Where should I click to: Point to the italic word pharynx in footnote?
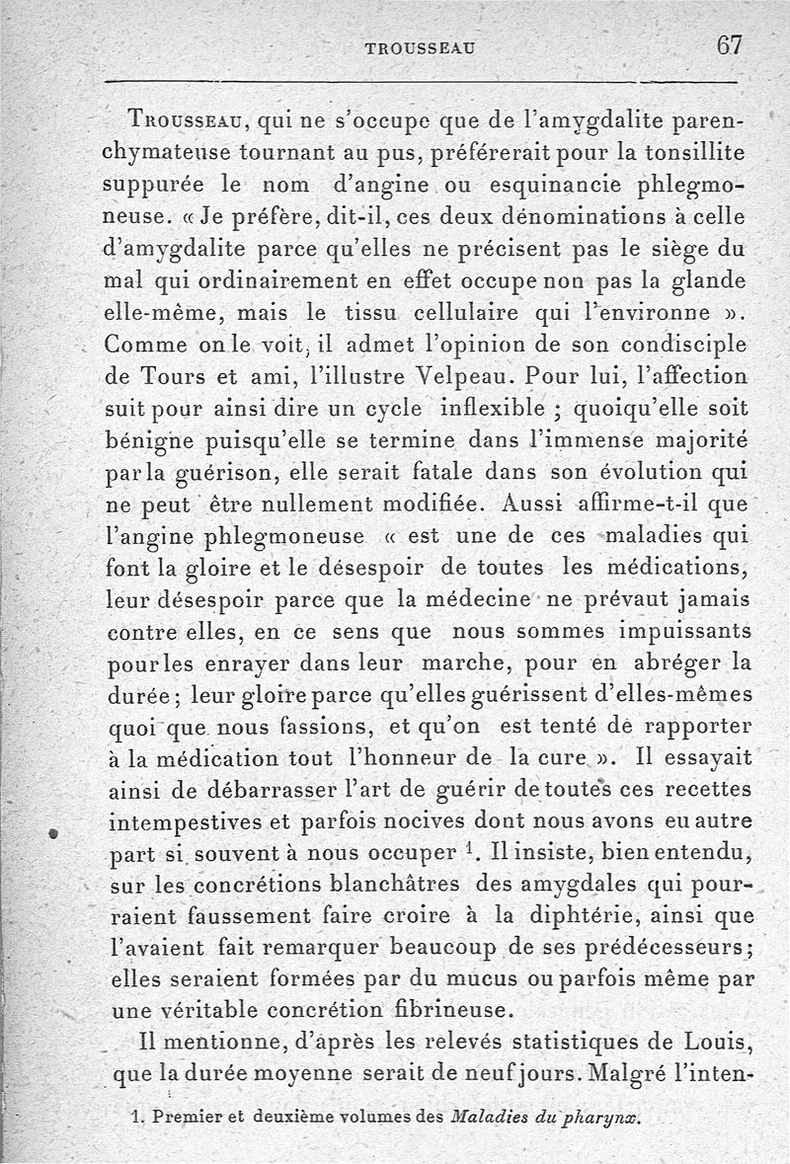click(x=601, y=1119)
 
